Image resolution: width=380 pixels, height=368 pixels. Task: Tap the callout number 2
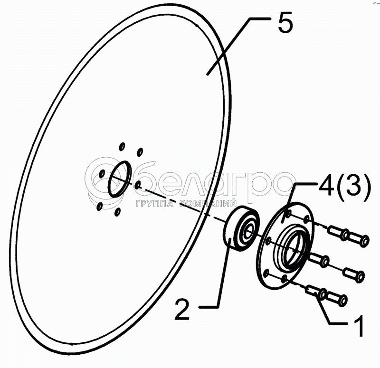click(x=183, y=309)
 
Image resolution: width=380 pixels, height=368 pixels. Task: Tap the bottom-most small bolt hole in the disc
click(x=117, y=211)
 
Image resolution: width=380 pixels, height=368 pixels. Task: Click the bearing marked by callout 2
click(x=240, y=228)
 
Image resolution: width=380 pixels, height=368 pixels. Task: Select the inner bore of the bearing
click(x=247, y=231)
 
